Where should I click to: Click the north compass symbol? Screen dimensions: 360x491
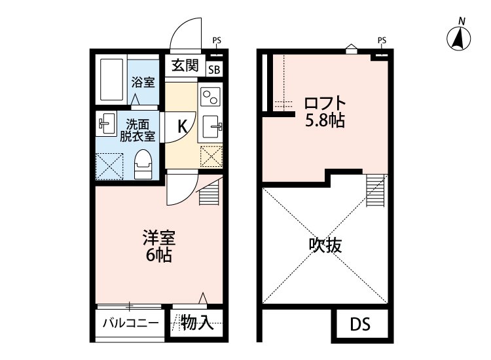(x=461, y=38)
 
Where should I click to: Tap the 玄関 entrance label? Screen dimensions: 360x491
(x=185, y=65)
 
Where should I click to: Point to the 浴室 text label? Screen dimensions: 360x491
(x=143, y=82)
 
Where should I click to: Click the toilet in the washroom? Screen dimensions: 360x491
(x=143, y=164)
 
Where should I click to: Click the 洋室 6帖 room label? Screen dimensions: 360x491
(x=158, y=245)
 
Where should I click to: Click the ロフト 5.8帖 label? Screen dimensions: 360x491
(x=324, y=112)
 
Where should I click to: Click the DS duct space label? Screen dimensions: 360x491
(x=359, y=325)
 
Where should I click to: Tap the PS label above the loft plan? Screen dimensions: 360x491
(x=382, y=41)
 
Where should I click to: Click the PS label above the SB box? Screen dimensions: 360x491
(x=217, y=41)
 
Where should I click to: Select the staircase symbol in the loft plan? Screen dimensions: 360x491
(x=375, y=190)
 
